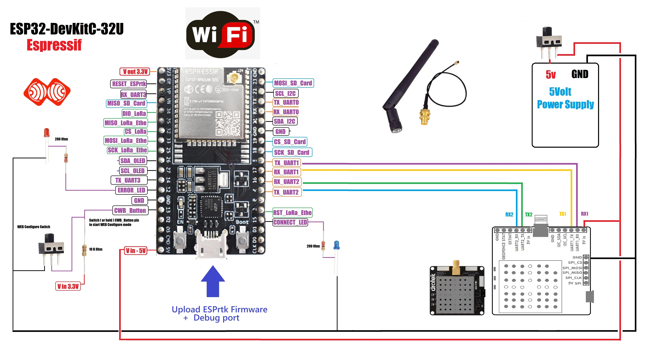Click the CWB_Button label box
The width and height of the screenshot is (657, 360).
pyautogui.click(x=130, y=210)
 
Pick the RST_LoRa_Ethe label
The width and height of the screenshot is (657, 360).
pyautogui.click(x=292, y=212)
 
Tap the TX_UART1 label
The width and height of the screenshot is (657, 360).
pyautogui.click(x=286, y=163)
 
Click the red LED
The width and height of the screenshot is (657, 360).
pyautogui.click(x=46, y=133)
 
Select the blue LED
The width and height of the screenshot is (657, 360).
pyautogui.click(x=336, y=245)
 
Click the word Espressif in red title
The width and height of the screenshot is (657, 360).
pyautogui.click(x=54, y=45)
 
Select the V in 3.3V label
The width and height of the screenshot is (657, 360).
pyautogui.click(x=68, y=286)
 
